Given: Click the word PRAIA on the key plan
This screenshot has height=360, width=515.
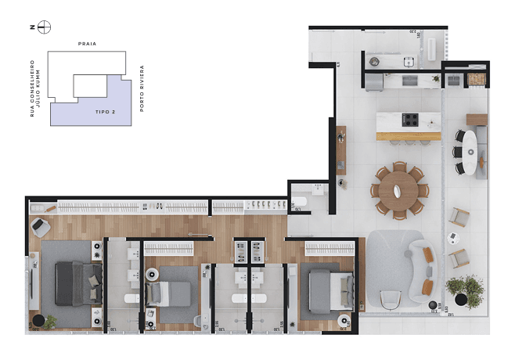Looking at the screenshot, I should (87, 45).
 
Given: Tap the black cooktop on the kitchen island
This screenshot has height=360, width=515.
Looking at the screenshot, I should (410, 120).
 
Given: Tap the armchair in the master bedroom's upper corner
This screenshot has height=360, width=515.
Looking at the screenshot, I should (40, 228).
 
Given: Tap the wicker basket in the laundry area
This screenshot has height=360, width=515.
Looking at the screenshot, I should (475, 80).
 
